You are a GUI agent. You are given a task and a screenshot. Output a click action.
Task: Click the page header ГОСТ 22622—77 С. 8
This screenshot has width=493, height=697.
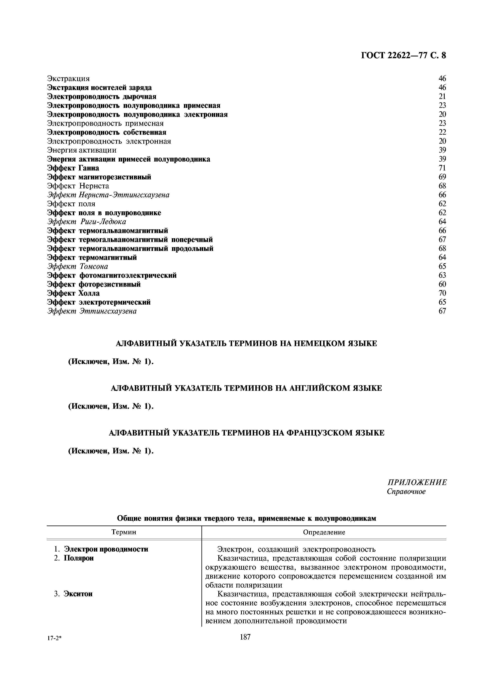pos(403,56)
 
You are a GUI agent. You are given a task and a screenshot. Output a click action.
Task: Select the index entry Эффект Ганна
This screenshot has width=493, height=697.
pos(73,168)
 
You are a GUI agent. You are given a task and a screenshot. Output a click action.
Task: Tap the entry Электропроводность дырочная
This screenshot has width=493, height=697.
pos(102,97)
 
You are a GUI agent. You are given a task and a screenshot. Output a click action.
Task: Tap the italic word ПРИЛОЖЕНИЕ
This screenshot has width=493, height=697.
pos(417,482)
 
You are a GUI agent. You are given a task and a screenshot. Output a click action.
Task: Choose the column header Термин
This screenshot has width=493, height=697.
pos(124,532)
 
